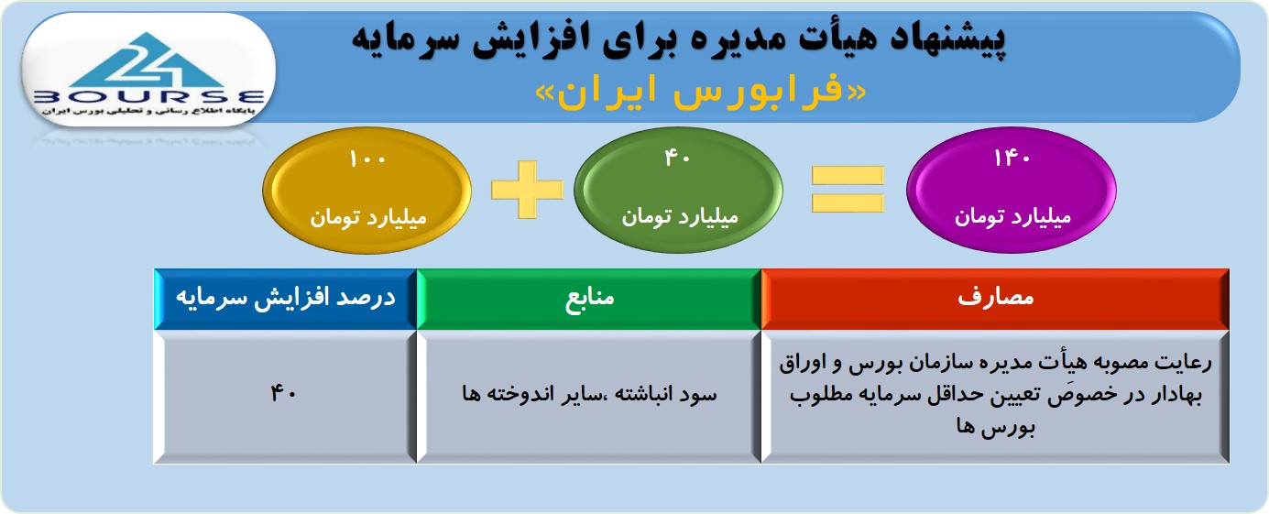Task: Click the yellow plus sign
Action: point(528,190)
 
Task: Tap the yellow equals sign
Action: point(848,190)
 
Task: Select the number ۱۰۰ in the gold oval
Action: point(367,159)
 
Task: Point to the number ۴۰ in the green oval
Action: point(677,158)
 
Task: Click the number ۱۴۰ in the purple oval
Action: point(1012,159)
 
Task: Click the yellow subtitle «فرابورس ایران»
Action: point(701,93)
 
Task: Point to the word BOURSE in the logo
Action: point(148,97)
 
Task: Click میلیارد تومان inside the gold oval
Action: point(367,218)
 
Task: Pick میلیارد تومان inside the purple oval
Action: point(1012,217)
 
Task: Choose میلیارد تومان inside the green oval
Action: point(679,217)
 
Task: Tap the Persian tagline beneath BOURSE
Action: point(148,111)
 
